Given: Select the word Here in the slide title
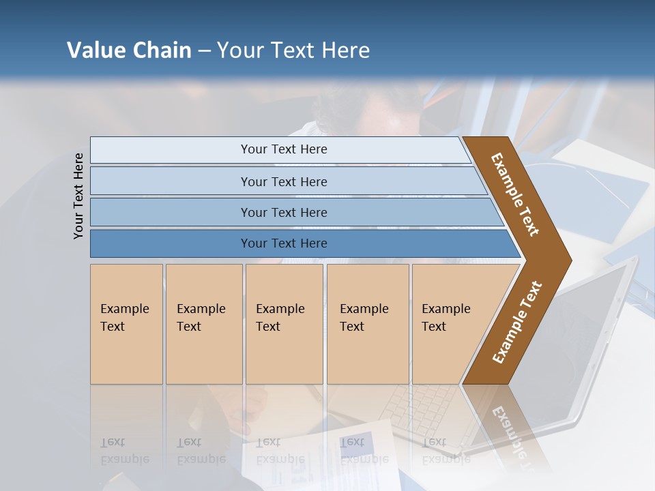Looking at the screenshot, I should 345,50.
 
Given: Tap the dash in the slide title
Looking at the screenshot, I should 204,51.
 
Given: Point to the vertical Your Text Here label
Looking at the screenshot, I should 78,196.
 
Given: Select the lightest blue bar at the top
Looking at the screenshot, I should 283,149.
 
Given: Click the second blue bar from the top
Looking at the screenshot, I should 283,181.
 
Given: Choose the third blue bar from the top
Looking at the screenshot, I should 283,212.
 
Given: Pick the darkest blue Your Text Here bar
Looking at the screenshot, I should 283,243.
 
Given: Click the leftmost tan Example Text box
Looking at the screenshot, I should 126,324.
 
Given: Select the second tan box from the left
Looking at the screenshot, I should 203,324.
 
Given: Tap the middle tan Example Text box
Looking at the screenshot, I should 284,324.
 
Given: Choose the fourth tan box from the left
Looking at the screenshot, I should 367,324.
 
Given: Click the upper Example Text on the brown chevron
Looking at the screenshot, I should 515,194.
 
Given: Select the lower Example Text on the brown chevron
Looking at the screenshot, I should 516,323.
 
